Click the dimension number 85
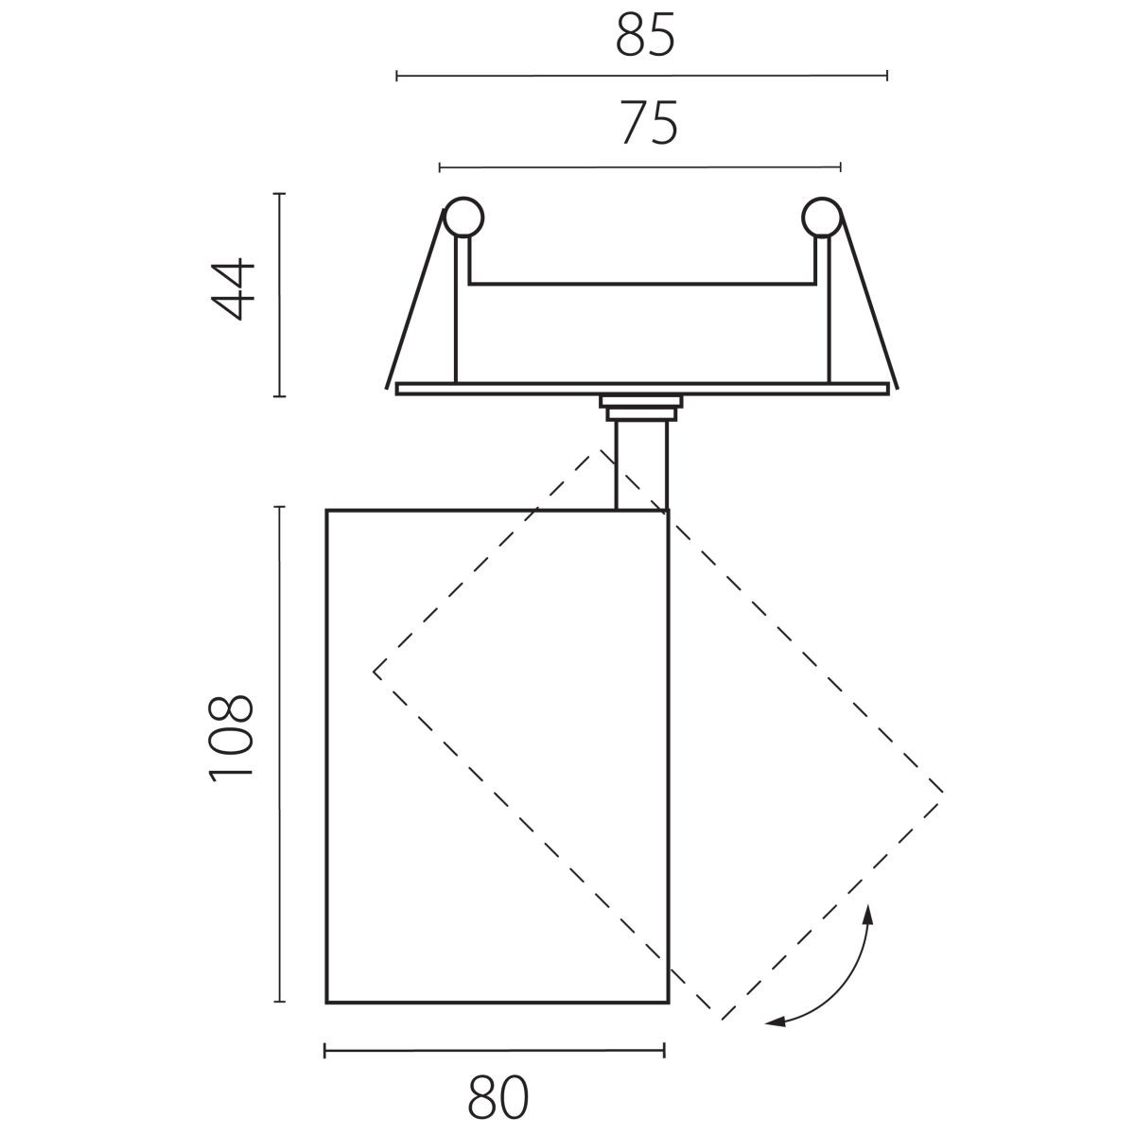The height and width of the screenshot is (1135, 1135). [645, 35]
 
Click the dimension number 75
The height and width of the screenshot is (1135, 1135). [649, 123]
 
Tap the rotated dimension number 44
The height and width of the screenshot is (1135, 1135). [233, 288]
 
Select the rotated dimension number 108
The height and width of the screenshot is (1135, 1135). [231, 739]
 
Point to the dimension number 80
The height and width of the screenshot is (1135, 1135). [498, 1097]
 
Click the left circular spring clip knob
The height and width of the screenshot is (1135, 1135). [463, 218]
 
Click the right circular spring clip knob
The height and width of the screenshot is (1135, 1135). [822, 218]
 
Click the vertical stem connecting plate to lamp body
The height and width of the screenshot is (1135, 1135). [641, 465]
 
